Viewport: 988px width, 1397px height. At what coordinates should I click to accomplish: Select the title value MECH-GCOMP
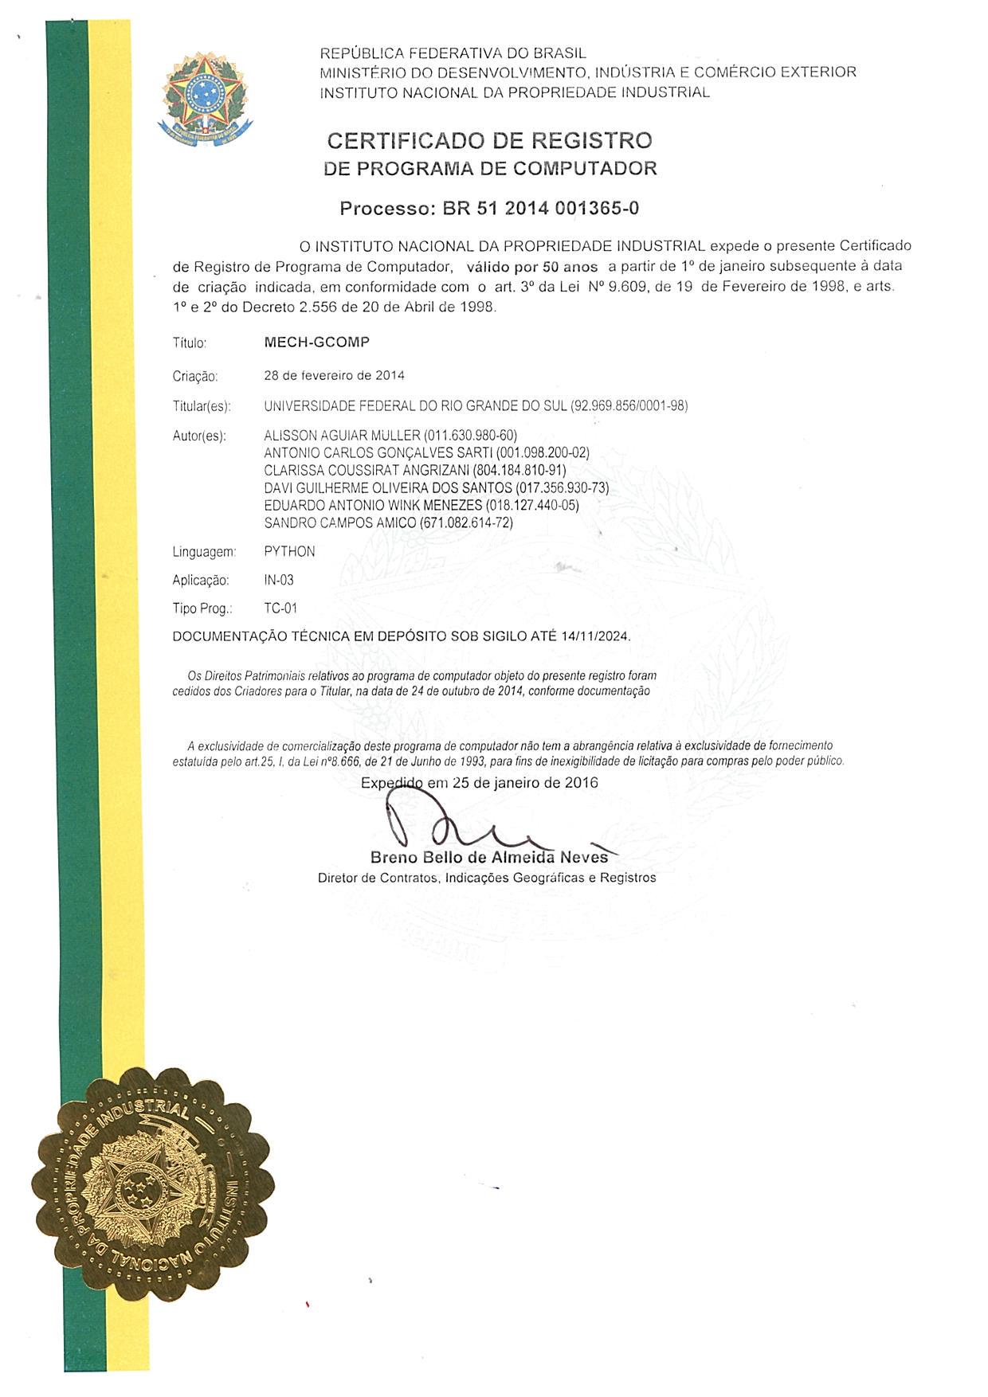point(316,342)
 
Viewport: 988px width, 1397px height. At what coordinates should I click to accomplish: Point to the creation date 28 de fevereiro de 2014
point(334,375)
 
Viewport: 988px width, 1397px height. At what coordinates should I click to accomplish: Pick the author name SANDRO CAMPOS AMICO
point(340,523)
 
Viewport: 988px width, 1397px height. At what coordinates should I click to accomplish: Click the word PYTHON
point(289,552)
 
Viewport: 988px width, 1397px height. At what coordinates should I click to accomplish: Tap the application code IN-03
point(279,581)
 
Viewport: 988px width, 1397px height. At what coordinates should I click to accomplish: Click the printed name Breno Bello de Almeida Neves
point(489,858)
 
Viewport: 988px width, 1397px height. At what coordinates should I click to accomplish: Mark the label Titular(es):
point(202,407)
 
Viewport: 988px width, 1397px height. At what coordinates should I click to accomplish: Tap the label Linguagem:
point(205,552)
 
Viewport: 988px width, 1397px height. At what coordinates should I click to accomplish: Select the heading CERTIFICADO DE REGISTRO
point(490,141)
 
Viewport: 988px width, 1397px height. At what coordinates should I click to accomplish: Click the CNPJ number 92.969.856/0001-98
point(629,406)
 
